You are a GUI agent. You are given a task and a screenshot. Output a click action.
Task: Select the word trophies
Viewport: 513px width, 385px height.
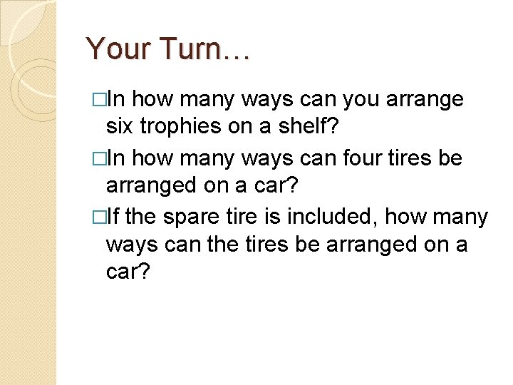(176, 127)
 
